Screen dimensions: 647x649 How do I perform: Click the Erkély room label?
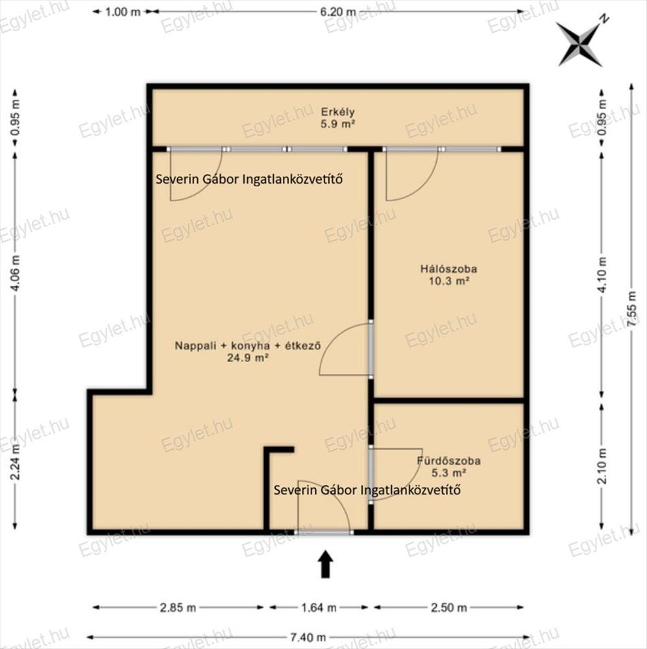click(338, 112)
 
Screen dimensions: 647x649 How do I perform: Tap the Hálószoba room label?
click(448, 269)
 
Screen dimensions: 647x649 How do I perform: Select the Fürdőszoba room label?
click(448, 461)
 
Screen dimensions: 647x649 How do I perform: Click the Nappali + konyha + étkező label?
click(247, 346)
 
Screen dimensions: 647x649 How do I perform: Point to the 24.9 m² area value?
click(247, 358)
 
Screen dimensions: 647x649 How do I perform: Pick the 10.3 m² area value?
click(448, 281)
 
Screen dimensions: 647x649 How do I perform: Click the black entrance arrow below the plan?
click(326, 564)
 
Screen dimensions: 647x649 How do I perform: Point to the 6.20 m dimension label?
click(338, 12)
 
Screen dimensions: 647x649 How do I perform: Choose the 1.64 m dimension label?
click(319, 607)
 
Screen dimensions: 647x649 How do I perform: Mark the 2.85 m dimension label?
click(178, 607)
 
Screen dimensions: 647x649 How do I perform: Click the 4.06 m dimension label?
click(15, 273)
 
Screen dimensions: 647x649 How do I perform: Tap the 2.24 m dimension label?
click(15, 462)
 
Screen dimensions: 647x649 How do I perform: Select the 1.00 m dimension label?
click(123, 12)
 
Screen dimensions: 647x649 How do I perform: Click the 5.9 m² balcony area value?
click(338, 124)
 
